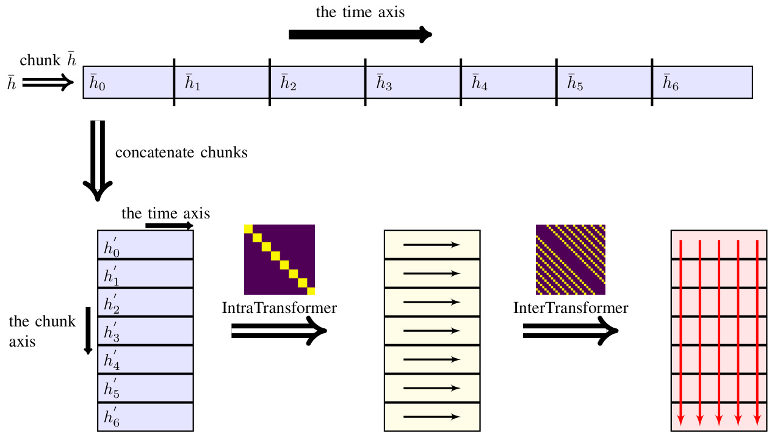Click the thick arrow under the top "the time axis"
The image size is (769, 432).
pyautogui.click(x=360, y=35)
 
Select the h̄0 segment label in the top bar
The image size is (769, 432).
pyautogui.click(x=97, y=82)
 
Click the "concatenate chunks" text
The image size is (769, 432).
pyautogui.click(x=181, y=153)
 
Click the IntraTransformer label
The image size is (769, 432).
pyautogui.click(x=279, y=308)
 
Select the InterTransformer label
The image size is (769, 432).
pyautogui.click(x=571, y=308)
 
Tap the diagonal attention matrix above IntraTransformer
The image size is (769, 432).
pyautogui.click(x=280, y=259)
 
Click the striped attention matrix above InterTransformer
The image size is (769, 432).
pyautogui.click(x=571, y=259)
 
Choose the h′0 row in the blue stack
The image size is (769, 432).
pyautogui.click(x=145, y=245)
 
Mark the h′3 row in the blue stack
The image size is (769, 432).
pyautogui.click(x=145, y=331)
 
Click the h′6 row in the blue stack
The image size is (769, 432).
pyautogui.click(x=145, y=417)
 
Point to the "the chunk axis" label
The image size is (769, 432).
pyautogui.click(x=42, y=331)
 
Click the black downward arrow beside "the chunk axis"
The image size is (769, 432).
pyautogui.click(x=88, y=330)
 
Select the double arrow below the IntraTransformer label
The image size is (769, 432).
pyautogui.click(x=280, y=331)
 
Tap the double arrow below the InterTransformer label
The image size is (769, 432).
pyautogui.click(x=571, y=331)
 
